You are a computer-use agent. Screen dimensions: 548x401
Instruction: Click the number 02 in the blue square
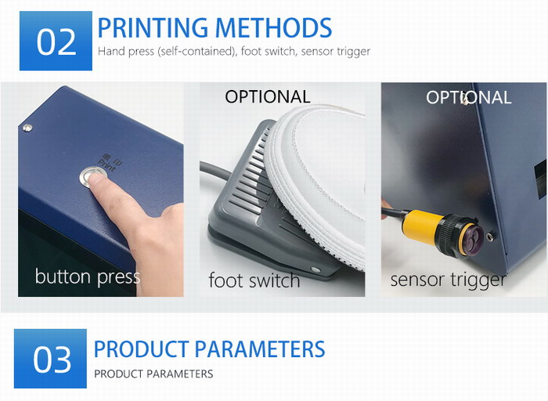click(56, 42)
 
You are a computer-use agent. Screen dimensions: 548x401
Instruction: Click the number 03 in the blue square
click(52, 359)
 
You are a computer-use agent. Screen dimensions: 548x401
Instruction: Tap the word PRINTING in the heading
click(153, 27)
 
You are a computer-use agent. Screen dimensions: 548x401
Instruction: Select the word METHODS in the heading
click(273, 27)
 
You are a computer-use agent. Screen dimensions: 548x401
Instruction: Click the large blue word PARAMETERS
click(260, 349)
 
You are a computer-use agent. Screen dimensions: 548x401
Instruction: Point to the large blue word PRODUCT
click(141, 349)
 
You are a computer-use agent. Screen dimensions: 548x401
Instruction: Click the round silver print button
click(93, 176)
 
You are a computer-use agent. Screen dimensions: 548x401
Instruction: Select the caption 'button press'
click(88, 277)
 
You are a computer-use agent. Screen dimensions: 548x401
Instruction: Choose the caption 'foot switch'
click(254, 280)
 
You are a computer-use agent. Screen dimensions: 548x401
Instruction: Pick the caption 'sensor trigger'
click(449, 280)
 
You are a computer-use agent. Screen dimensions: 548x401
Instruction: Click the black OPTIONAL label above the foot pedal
click(268, 97)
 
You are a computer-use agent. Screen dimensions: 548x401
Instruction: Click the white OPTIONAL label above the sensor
click(468, 98)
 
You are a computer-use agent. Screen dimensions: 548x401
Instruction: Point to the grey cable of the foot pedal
click(216, 170)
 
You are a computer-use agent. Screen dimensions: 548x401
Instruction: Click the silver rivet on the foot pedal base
click(315, 269)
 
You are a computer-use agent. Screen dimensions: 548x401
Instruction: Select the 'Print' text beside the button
click(106, 165)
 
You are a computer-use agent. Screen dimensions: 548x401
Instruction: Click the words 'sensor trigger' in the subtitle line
click(336, 52)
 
